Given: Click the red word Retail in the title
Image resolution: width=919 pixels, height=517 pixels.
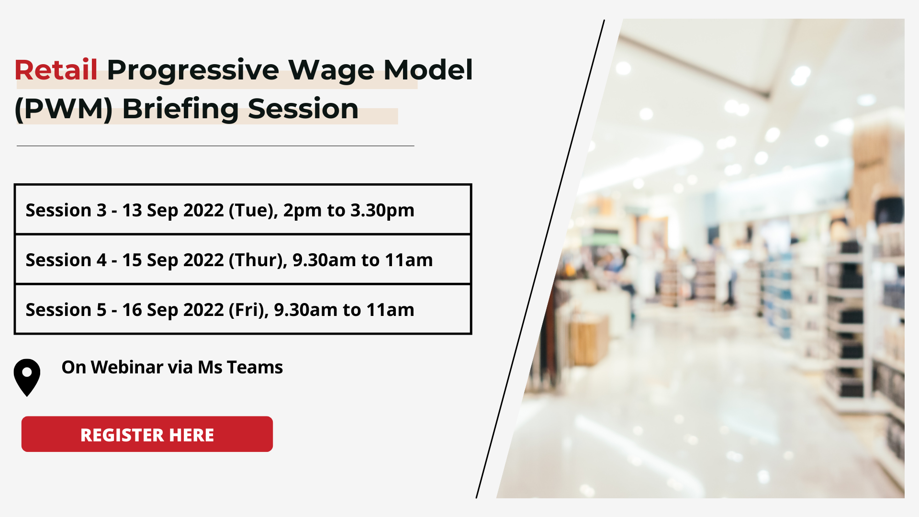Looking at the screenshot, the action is pyautogui.click(x=56, y=70).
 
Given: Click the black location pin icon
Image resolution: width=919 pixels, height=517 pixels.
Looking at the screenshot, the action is pyautogui.click(x=27, y=377).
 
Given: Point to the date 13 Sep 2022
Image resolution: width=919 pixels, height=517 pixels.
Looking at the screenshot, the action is pyautogui.click(x=173, y=211).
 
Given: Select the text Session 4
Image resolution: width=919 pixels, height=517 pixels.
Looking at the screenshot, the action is pyautogui.click(x=66, y=260).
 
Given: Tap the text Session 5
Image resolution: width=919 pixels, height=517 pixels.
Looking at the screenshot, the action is pyautogui.click(x=66, y=310).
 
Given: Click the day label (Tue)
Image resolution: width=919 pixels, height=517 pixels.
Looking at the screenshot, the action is pyautogui.click(x=253, y=211).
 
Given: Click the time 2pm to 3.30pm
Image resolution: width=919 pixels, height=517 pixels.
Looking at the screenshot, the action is pyautogui.click(x=348, y=211).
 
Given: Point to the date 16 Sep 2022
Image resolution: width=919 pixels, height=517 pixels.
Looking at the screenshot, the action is pyautogui.click(x=173, y=310).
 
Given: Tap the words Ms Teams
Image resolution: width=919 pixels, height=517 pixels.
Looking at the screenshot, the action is pyautogui.click(x=240, y=367).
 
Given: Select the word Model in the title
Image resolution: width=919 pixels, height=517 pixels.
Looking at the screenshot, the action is pyautogui.click(x=428, y=70).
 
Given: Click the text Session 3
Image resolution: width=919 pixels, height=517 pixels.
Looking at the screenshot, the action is pyautogui.click(x=66, y=210).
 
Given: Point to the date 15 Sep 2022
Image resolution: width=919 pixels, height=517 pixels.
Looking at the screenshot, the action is pyautogui.click(x=173, y=260).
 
